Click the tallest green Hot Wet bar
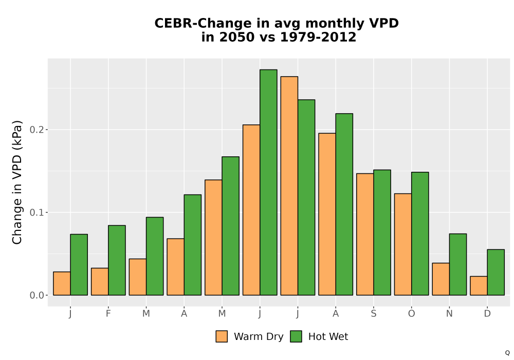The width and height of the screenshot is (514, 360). [x=268, y=182]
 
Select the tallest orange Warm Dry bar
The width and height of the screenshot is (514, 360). [x=289, y=186]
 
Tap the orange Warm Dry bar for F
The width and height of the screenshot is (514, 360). [x=100, y=282]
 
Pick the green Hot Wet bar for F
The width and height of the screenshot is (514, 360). [x=117, y=260]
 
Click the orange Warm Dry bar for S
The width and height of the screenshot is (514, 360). [x=365, y=235]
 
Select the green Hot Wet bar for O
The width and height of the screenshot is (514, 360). [x=420, y=234]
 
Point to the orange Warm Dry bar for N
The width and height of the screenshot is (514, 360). [x=441, y=279]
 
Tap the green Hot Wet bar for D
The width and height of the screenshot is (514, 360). [x=495, y=273]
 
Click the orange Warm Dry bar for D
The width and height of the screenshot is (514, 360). [x=479, y=286]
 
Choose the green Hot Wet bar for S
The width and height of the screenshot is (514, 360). [x=382, y=232]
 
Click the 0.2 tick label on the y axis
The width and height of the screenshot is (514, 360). [x=36, y=130]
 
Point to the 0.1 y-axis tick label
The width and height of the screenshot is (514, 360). [x=36, y=212]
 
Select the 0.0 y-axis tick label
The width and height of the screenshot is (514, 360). [x=36, y=295]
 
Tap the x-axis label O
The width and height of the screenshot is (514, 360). [x=411, y=314]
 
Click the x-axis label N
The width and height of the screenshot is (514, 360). [x=449, y=314]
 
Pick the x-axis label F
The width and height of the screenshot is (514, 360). [x=108, y=314]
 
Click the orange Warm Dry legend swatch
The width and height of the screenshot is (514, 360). [x=222, y=336]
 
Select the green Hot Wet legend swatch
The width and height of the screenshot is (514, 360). [x=296, y=336]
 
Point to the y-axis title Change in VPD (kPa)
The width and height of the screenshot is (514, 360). [x=17, y=183]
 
